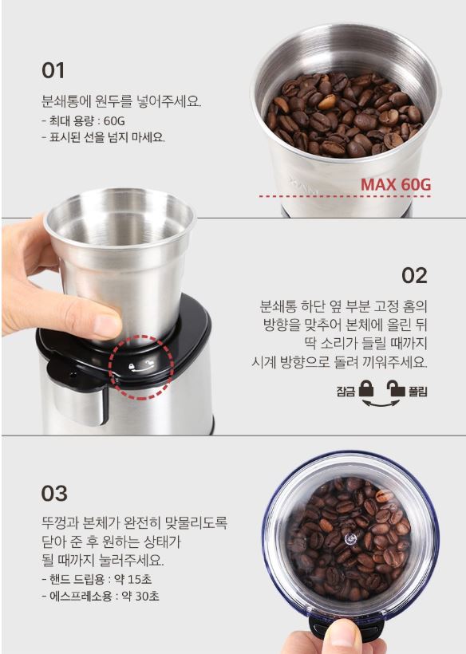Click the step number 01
click(x=53, y=70)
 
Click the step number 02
click(x=414, y=276)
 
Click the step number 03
click(x=54, y=494)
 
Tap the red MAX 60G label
click(x=396, y=184)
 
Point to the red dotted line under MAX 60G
click(x=345, y=196)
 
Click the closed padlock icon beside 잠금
click(x=366, y=388)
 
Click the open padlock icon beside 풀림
click(x=396, y=388)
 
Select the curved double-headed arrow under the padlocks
click(x=381, y=404)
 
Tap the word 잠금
click(x=346, y=392)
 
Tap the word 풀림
click(x=417, y=392)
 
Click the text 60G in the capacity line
click(x=114, y=121)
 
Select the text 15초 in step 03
click(x=140, y=579)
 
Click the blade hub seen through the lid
click(x=350, y=539)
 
